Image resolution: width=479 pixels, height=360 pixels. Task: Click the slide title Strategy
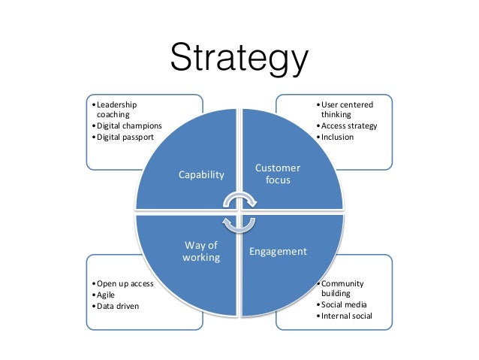[239, 60]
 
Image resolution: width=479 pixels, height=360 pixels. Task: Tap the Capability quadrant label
[200, 174]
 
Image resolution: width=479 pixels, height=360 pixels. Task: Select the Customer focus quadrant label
[278, 174]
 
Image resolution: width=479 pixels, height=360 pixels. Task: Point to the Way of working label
[200, 251]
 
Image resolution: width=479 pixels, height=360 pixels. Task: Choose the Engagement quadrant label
[278, 251]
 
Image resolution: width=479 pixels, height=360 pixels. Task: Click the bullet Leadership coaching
[116, 110]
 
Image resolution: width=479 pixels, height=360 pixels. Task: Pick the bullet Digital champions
[125, 126]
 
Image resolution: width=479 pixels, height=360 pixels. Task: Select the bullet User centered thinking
[347, 110]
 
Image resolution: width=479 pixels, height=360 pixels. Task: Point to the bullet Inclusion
[337, 138]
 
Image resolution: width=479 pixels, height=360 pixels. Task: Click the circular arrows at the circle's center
[239, 212]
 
